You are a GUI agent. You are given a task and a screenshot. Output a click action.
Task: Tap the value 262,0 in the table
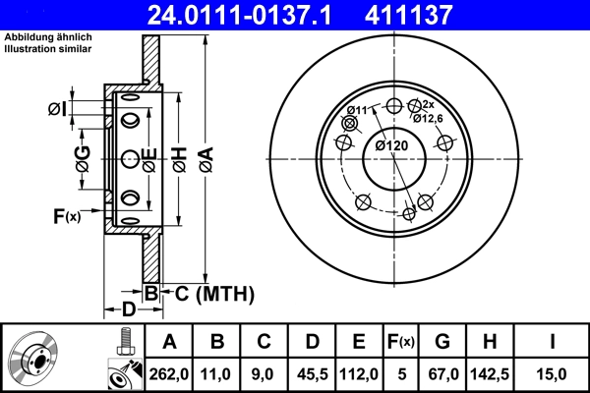pyautogui.click(x=169, y=373)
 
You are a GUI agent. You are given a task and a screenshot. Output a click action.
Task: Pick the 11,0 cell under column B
pyautogui.click(x=217, y=373)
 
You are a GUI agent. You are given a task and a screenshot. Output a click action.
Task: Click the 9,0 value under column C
pyautogui.click(x=265, y=373)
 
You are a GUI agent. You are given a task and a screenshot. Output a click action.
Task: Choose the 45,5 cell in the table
pyautogui.click(x=312, y=373)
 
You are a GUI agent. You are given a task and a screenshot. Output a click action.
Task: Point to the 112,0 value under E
pyautogui.click(x=359, y=373)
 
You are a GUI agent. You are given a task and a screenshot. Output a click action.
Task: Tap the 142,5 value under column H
pyautogui.click(x=492, y=373)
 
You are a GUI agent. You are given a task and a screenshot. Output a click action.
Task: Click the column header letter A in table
pyautogui.click(x=169, y=342)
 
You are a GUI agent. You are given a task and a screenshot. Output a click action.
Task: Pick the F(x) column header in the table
pyautogui.click(x=402, y=342)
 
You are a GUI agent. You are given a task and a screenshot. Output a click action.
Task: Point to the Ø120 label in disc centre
pyautogui.click(x=390, y=146)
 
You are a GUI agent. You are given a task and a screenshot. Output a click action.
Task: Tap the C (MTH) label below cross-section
pyautogui.click(x=208, y=293)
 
